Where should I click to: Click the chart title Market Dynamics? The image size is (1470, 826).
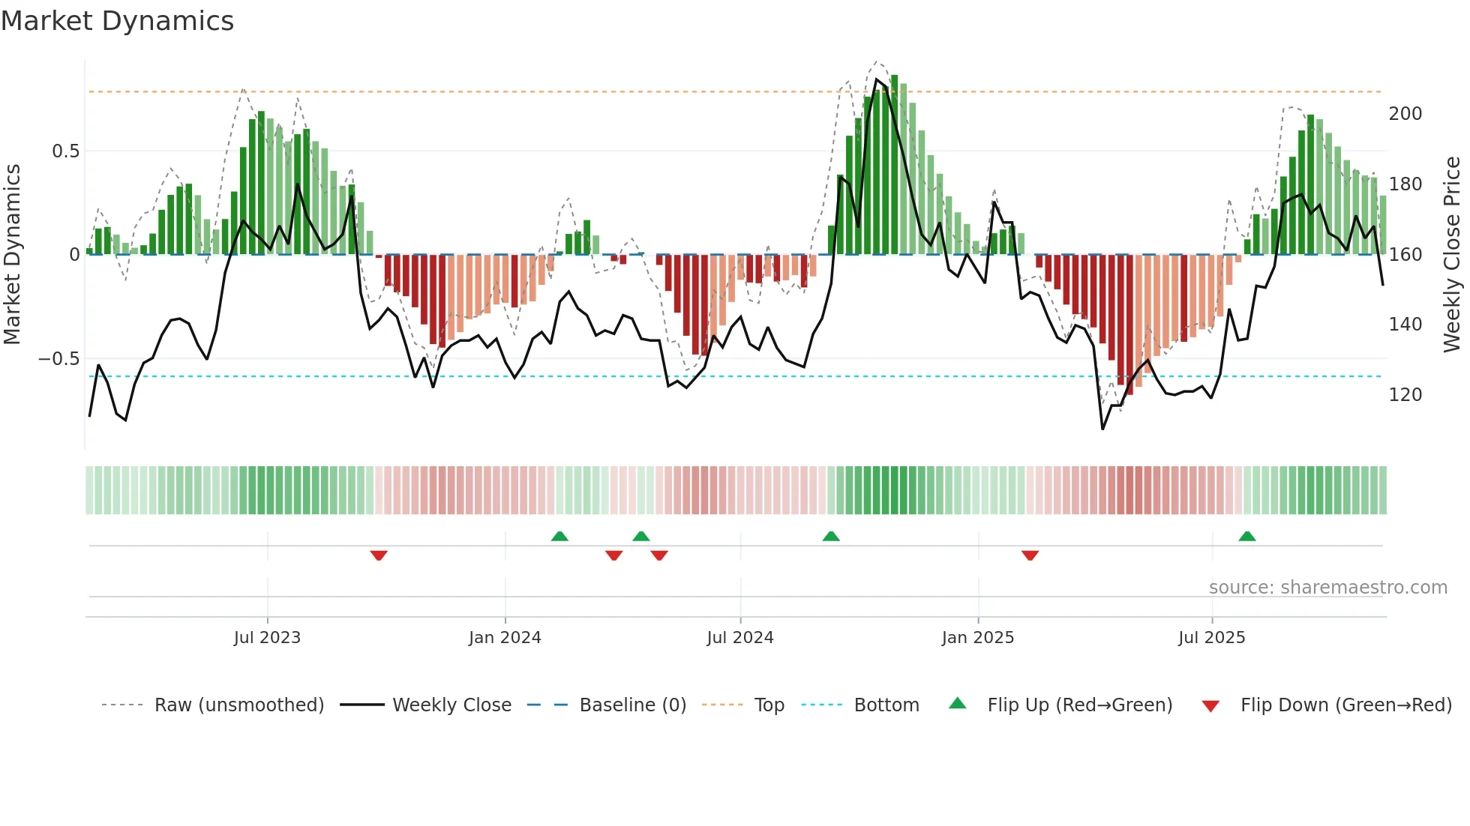(x=117, y=21)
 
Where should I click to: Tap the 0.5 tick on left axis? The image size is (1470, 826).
(x=65, y=151)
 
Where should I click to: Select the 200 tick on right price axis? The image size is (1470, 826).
(x=1405, y=114)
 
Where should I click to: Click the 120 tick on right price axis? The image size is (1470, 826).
(x=1405, y=395)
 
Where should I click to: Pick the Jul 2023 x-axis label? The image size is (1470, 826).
(x=267, y=638)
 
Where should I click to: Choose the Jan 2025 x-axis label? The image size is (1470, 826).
(x=977, y=638)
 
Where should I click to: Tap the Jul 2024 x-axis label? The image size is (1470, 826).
(x=739, y=638)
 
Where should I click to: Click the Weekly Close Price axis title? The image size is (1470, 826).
(x=1452, y=255)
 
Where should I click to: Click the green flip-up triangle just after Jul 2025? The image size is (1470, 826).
(x=1246, y=537)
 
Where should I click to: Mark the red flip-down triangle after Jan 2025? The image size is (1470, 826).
(x=1030, y=555)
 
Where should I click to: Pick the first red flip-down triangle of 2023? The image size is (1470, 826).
(x=379, y=555)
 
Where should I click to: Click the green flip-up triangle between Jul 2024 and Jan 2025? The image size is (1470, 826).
(x=831, y=537)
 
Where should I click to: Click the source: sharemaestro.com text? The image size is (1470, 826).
(x=1327, y=588)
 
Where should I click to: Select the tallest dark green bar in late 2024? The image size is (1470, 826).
(x=894, y=165)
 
